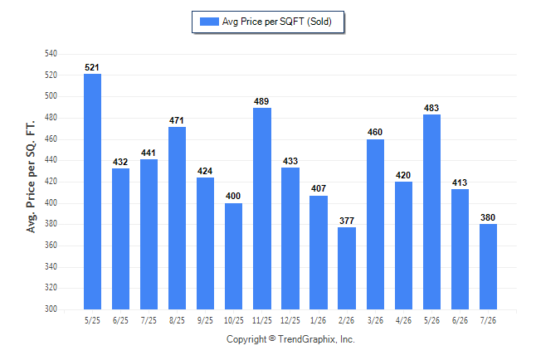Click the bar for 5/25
[92, 192]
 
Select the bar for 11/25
[262, 208]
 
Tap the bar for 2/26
[347, 269]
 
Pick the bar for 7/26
[488, 266]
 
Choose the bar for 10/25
[233, 256]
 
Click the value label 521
[92, 67]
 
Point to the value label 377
[347, 221]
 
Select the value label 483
[431, 108]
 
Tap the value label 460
[375, 133]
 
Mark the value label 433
[290, 161]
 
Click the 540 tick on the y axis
[51, 54]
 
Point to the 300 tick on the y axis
[51, 309]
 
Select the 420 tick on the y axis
[51, 182]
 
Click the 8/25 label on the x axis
[177, 321]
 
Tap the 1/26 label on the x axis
[319, 321]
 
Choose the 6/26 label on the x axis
[460, 321]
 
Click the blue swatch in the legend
[209, 22]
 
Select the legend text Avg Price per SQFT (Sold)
[277, 22]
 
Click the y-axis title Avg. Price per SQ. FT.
[31, 177]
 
